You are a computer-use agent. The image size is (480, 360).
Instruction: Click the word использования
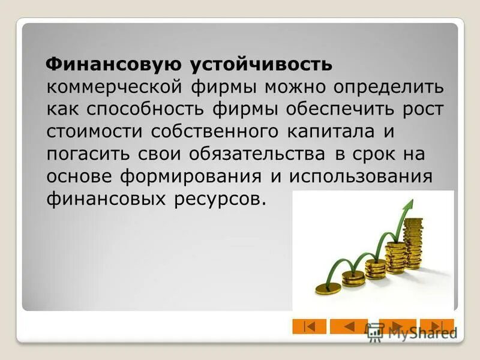pyautogui.click(x=360, y=176)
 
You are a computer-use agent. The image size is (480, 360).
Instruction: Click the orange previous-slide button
pyautogui.click(x=349, y=326)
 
